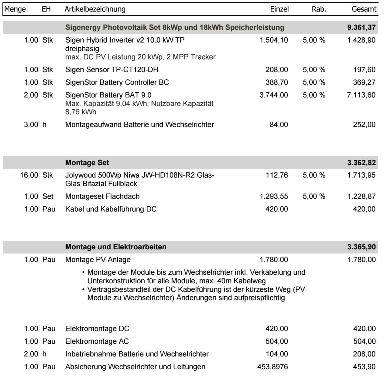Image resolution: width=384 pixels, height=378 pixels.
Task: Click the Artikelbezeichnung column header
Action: click(x=95, y=9)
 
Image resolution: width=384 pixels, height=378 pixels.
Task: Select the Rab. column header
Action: click(x=319, y=9)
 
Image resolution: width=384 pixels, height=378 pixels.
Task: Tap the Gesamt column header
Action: click(x=364, y=9)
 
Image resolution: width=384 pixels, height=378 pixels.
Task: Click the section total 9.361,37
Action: click(x=361, y=27)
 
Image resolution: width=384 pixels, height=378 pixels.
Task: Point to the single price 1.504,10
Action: click(x=274, y=40)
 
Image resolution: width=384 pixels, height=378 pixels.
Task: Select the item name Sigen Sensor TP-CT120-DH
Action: click(x=112, y=70)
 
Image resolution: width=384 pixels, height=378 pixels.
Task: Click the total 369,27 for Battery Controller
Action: click(x=364, y=82)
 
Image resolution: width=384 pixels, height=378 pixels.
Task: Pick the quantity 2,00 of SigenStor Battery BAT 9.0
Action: click(x=31, y=95)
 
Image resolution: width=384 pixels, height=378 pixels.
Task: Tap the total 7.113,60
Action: click(x=361, y=95)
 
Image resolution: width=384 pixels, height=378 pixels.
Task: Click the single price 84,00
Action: click(x=279, y=124)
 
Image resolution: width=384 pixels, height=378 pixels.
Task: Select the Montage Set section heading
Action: click(x=87, y=163)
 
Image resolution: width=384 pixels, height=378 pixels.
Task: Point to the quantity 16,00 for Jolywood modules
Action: click(x=29, y=175)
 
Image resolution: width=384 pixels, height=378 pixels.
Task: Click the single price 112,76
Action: click(x=277, y=175)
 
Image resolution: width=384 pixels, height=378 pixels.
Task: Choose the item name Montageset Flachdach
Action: click(x=102, y=196)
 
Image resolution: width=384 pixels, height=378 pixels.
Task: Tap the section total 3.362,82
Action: click(x=361, y=163)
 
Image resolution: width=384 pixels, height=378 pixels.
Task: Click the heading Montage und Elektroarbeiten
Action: click(x=115, y=247)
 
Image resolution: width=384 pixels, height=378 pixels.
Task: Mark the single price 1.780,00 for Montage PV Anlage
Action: click(x=274, y=259)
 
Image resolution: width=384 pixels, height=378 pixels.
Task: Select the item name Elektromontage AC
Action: click(x=97, y=341)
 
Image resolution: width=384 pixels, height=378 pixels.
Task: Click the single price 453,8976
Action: click(x=272, y=367)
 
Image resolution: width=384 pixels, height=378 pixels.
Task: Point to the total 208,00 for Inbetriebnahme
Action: click(x=364, y=354)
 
